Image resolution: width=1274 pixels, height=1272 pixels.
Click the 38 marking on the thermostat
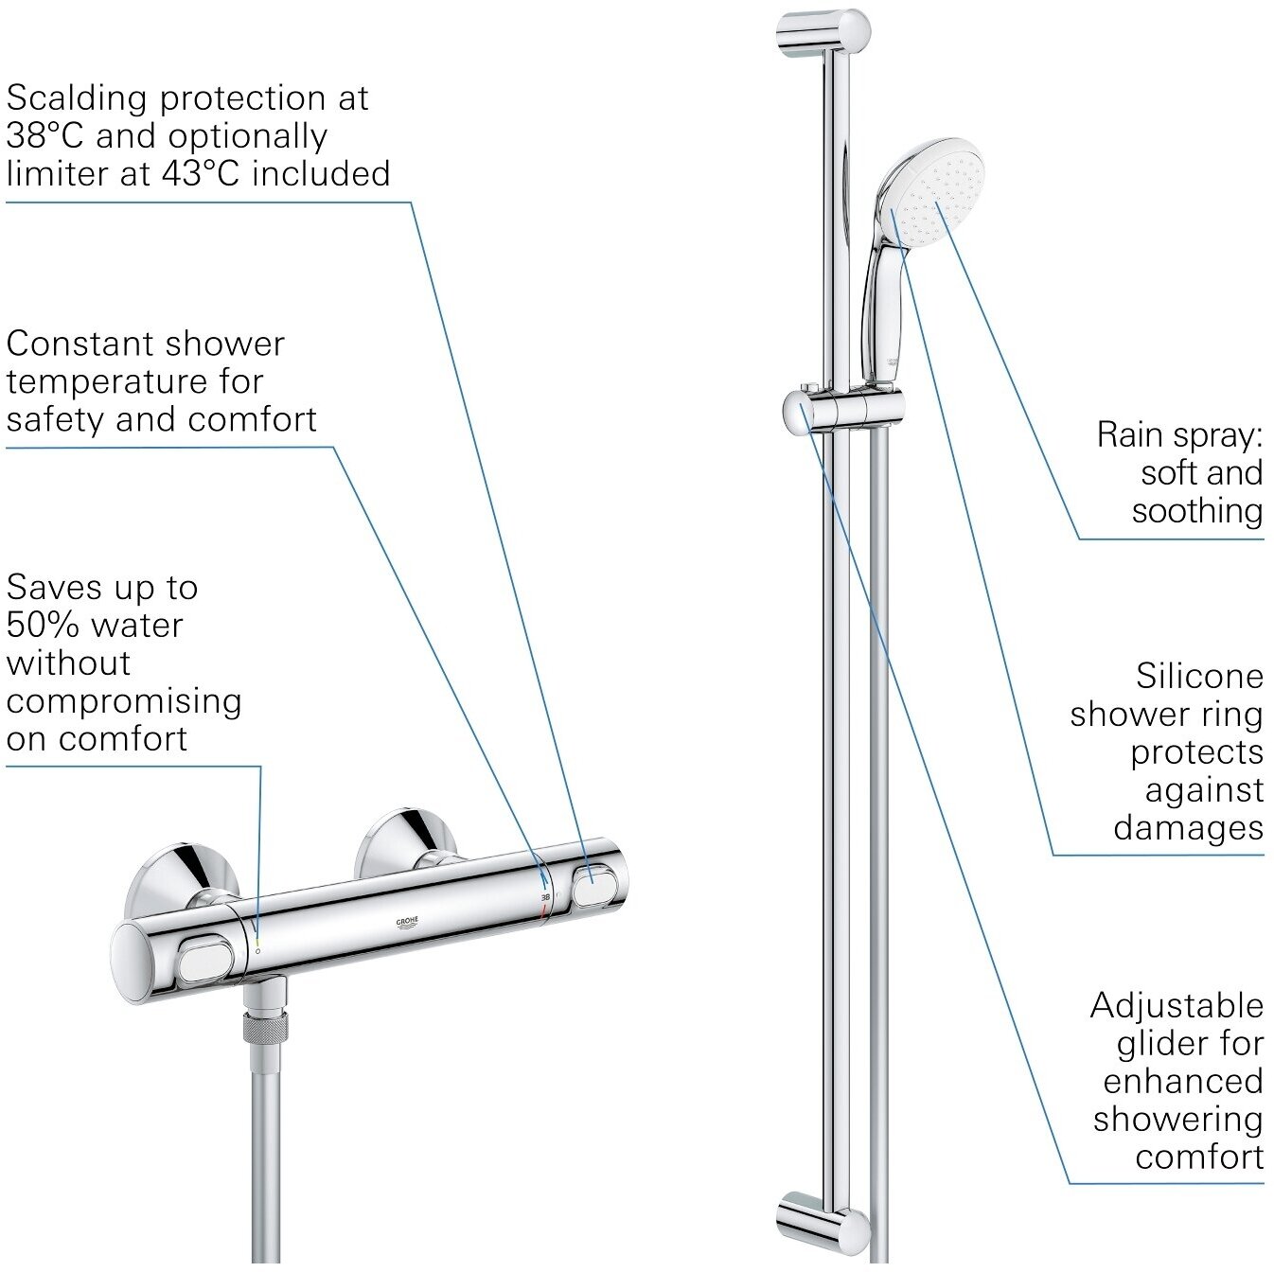pyautogui.click(x=545, y=895)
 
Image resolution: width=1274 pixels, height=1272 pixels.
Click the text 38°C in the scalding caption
pyautogui.click(x=44, y=136)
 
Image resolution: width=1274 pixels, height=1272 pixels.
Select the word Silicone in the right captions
pyautogui.click(x=1199, y=677)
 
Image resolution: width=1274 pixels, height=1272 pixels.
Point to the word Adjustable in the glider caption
pyautogui.click(x=1177, y=1006)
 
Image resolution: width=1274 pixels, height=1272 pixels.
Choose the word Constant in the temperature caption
pyautogui.click(x=79, y=344)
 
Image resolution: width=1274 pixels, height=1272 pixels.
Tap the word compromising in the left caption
pyautogui.click(x=123, y=701)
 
